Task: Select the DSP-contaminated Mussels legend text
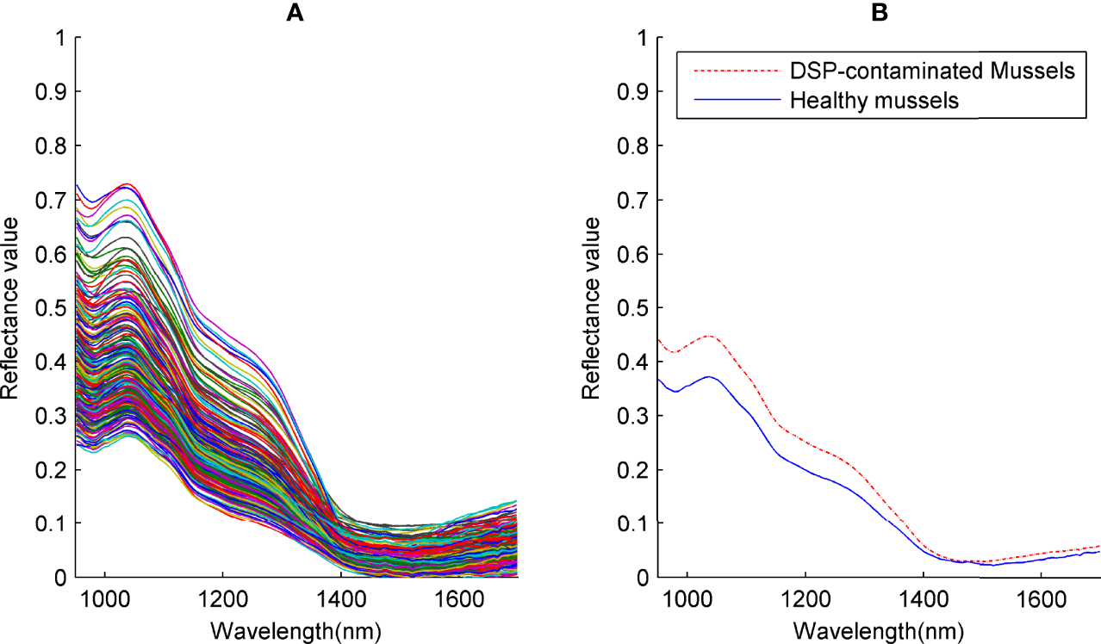(x=933, y=71)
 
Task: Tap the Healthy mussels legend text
(x=874, y=100)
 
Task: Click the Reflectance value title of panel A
(x=12, y=307)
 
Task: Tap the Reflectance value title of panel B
(x=594, y=307)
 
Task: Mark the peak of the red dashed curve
(x=708, y=336)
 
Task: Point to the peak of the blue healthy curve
(x=708, y=376)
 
